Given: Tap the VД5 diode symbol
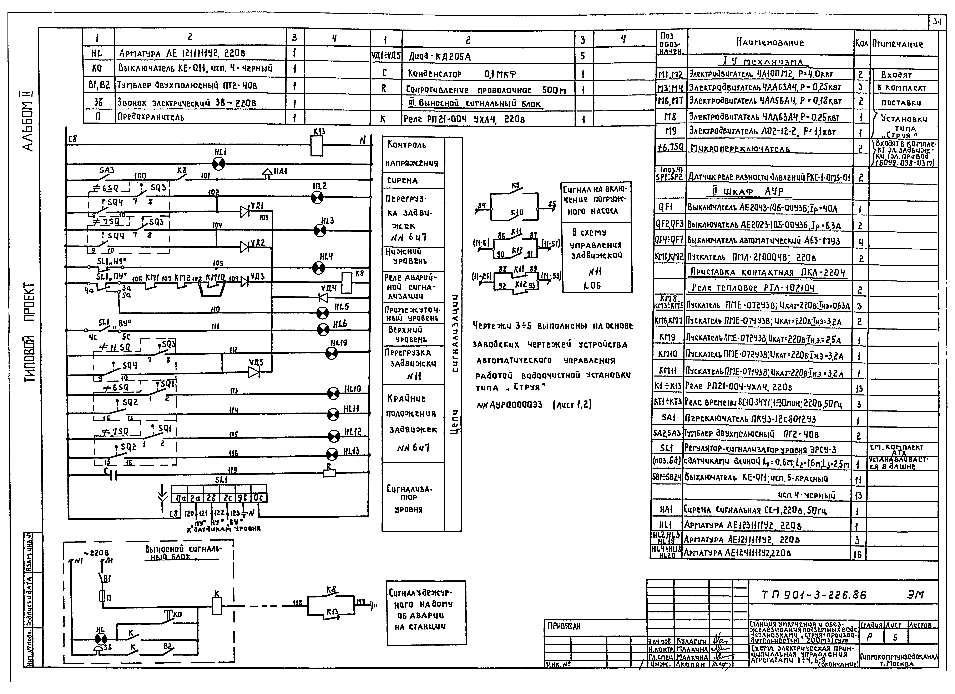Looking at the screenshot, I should (x=254, y=372).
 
